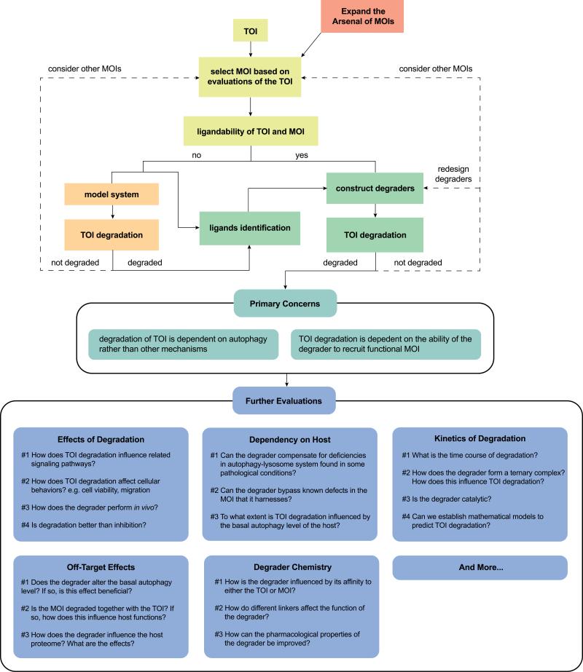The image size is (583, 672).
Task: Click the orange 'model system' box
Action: coord(112,195)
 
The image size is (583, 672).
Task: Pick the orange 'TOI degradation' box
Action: coord(112,235)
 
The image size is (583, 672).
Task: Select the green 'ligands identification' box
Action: coord(250,228)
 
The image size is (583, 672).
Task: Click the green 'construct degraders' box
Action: coord(375,189)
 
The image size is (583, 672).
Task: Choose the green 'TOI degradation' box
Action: coord(375,235)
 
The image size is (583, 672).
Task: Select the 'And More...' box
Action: coord(480,568)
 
